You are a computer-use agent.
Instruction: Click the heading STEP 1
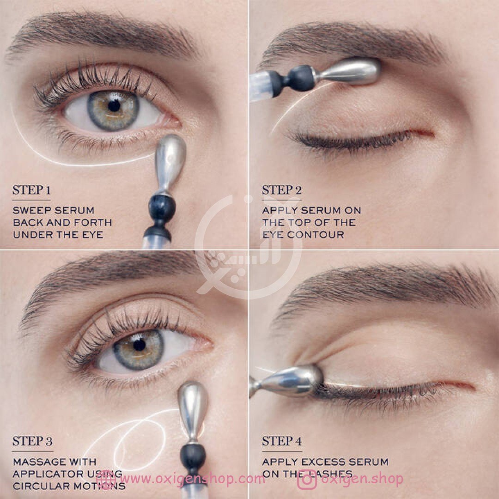[x=31, y=190]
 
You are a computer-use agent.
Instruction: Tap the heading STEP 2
[x=282, y=190]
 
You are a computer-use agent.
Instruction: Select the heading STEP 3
[x=32, y=441]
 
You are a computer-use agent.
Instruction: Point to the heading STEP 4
[x=282, y=441]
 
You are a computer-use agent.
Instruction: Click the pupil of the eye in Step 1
[x=114, y=106]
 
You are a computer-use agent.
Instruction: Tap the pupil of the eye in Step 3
[x=139, y=345]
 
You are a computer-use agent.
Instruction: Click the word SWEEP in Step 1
[x=31, y=210]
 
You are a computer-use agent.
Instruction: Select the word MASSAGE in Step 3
[x=39, y=462]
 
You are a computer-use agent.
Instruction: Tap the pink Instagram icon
[x=307, y=480]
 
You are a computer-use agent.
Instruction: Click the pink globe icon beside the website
[x=106, y=480]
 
